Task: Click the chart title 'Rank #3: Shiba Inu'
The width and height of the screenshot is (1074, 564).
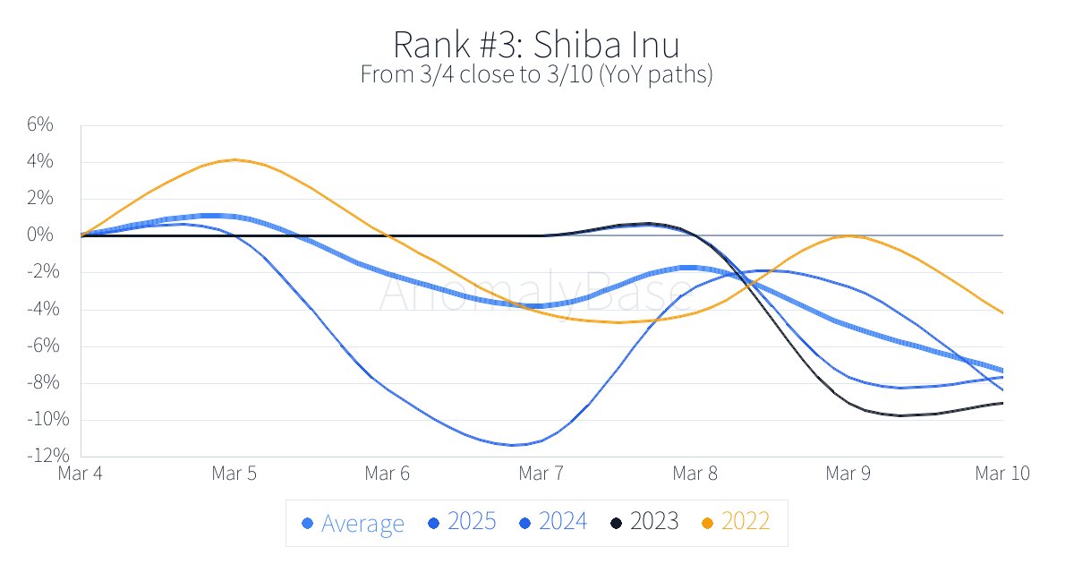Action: [x=536, y=44]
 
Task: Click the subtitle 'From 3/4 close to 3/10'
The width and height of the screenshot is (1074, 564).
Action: [x=536, y=74]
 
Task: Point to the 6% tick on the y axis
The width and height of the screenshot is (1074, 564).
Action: [x=40, y=125]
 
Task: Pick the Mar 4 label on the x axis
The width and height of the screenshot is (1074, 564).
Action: [x=80, y=474]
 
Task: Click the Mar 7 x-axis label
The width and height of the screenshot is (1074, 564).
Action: [x=541, y=474]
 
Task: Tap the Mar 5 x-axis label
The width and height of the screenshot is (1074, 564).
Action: [x=234, y=474]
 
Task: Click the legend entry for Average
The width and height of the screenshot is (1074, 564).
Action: [x=354, y=523]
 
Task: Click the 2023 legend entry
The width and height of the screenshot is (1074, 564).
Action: [x=644, y=522]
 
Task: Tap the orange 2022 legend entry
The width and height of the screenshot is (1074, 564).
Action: [x=736, y=522]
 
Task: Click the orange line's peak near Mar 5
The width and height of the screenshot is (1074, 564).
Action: [x=234, y=159]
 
